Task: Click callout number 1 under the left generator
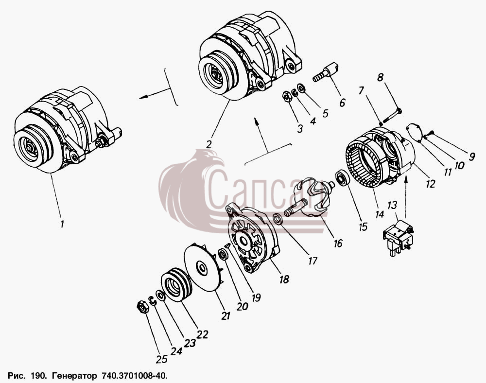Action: (62, 224)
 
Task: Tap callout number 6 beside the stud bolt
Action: (343, 102)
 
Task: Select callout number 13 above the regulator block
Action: (392, 205)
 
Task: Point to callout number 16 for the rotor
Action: (338, 243)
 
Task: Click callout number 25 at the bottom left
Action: (162, 359)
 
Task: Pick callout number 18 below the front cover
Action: (284, 279)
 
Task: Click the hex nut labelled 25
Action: (141, 307)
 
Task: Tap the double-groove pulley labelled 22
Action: (176, 285)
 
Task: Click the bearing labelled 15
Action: (343, 178)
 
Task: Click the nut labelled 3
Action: (288, 97)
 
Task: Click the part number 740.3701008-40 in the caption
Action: (134, 376)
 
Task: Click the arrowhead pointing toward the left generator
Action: (143, 97)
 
